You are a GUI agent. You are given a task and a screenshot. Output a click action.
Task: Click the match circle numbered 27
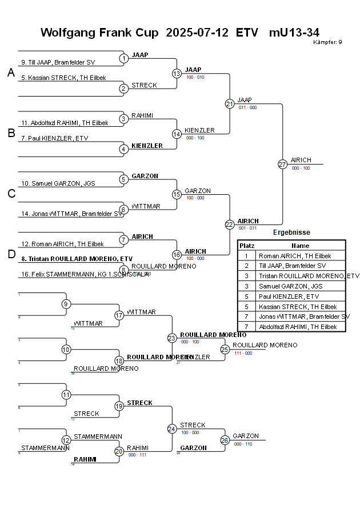pyautogui.click(x=282, y=164)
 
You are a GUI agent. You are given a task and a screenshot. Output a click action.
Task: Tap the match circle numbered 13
pyautogui.click(x=177, y=73)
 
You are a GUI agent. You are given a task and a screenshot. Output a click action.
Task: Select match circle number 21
pyautogui.click(x=230, y=103)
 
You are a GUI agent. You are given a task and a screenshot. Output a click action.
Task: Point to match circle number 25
pyautogui.click(x=225, y=349)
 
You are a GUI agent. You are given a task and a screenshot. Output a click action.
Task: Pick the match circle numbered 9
pyautogui.click(x=66, y=304)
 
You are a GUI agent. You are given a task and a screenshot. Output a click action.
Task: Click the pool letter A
pyautogui.click(x=11, y=73)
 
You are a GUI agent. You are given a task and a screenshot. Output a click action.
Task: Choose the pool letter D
pyautogui.click(x=11, y=254)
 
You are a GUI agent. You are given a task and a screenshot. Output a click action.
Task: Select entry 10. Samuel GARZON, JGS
pyautogui.click(x=58, y=183)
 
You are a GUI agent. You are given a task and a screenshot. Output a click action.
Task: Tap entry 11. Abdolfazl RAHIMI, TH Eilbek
pyautogui.click(x=65, y=123)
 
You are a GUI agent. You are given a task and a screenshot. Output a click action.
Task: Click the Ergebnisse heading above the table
pyautogui.click(x=291, y=233)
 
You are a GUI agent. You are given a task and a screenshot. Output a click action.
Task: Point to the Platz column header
pyautogui.click(x=247, y=245)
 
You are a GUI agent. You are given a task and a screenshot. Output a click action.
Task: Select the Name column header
pyautogui.click(x=300, y=245)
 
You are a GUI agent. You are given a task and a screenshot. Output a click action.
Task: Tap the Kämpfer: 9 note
pyautogui.click(x=327, y=42)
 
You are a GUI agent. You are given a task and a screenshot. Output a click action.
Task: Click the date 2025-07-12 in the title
pyautogui.click(x=198, y=33)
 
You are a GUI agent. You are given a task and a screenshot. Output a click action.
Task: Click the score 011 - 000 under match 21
pyautogui.click(x=247, y=107)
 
